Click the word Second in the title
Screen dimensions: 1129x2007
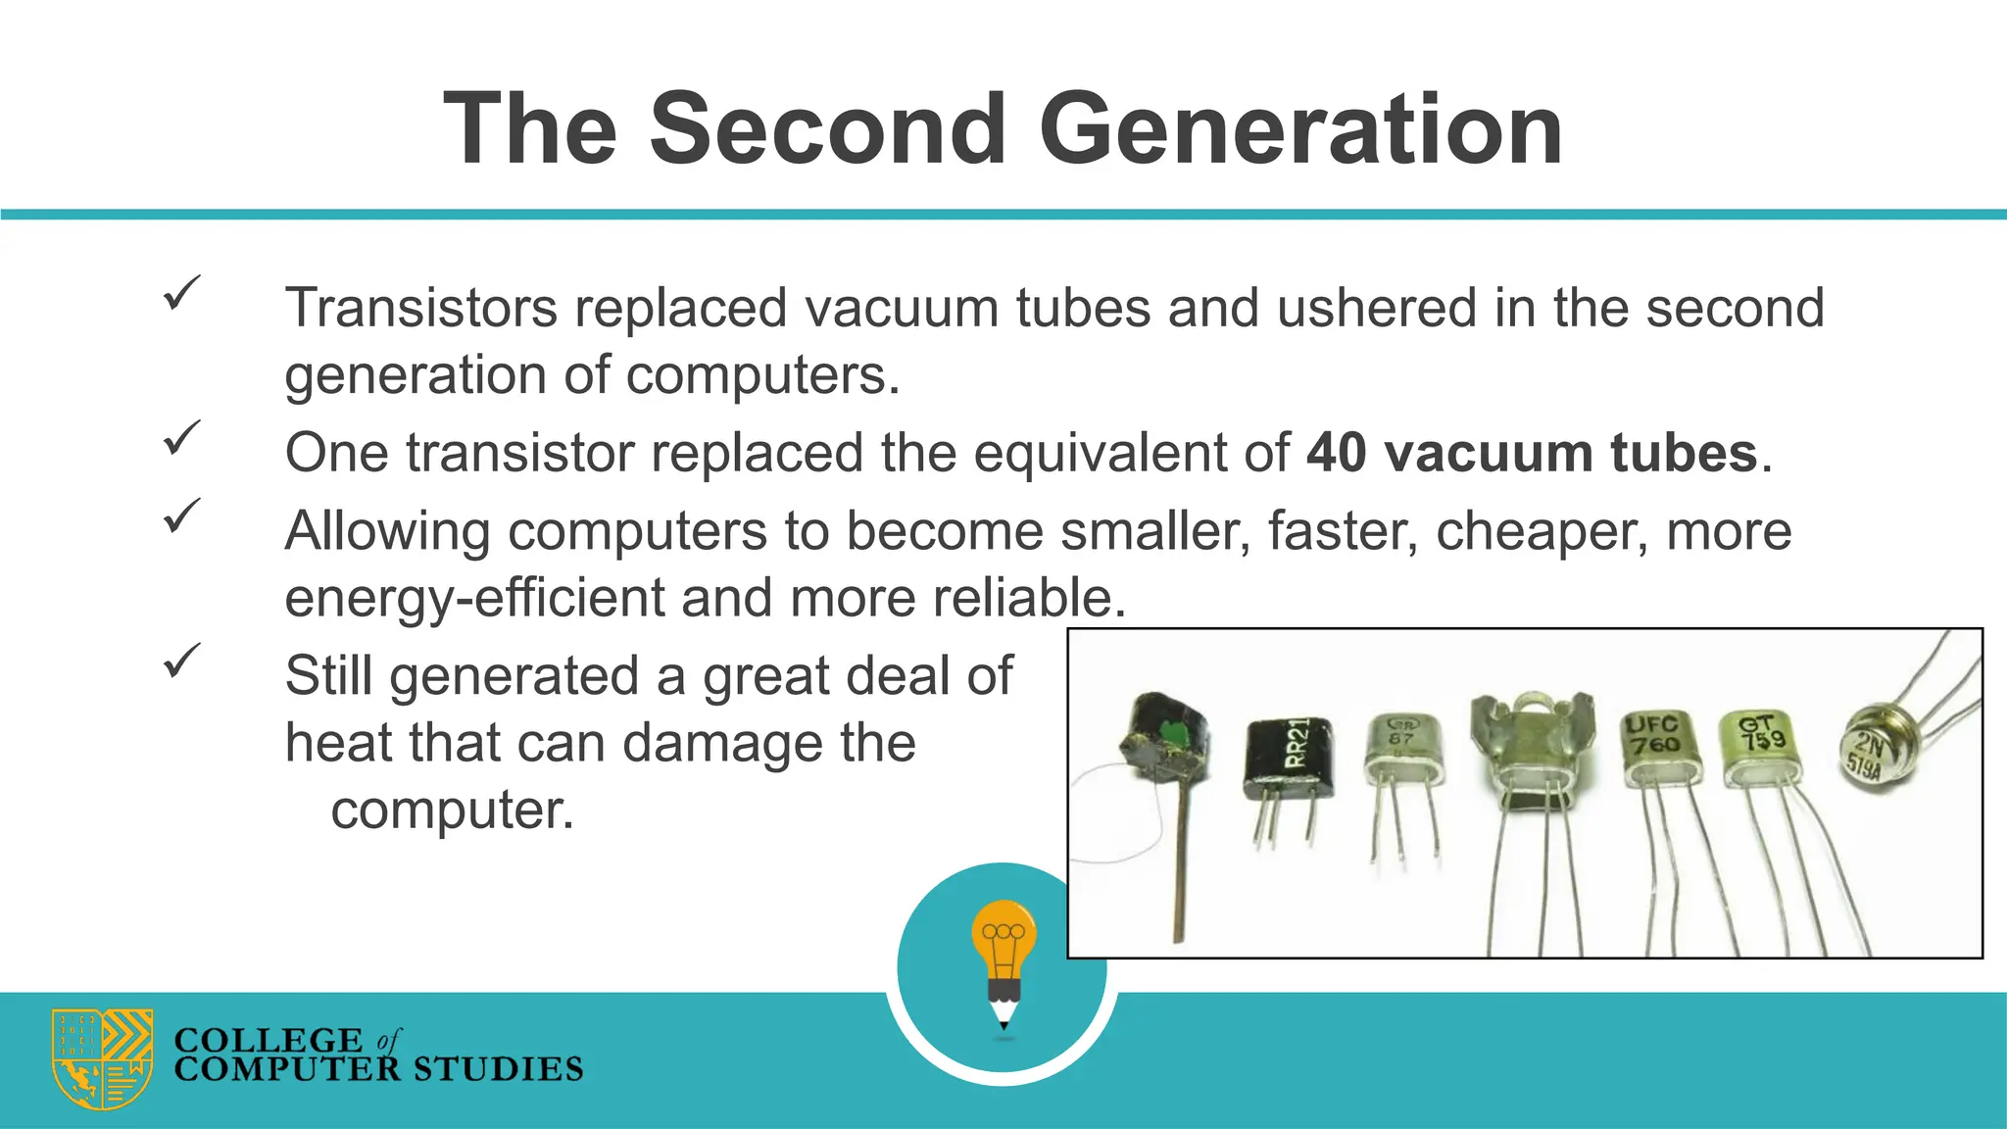[x=828, y=129]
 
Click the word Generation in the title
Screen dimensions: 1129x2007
[x=1300, y=129]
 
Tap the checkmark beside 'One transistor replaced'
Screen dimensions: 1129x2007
[x=181, y=437]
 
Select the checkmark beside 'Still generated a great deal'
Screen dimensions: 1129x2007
[x=181, y=661]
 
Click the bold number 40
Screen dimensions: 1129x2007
[x=1337, y=453]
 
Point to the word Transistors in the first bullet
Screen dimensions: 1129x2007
[x=420, y=308]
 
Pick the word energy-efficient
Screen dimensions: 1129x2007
[x=474, y=598]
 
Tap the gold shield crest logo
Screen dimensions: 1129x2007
[x=102, y=1058]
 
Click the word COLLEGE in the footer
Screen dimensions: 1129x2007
[x=268, y=1040]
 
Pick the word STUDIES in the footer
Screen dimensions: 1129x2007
[x=497, y=1069]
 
